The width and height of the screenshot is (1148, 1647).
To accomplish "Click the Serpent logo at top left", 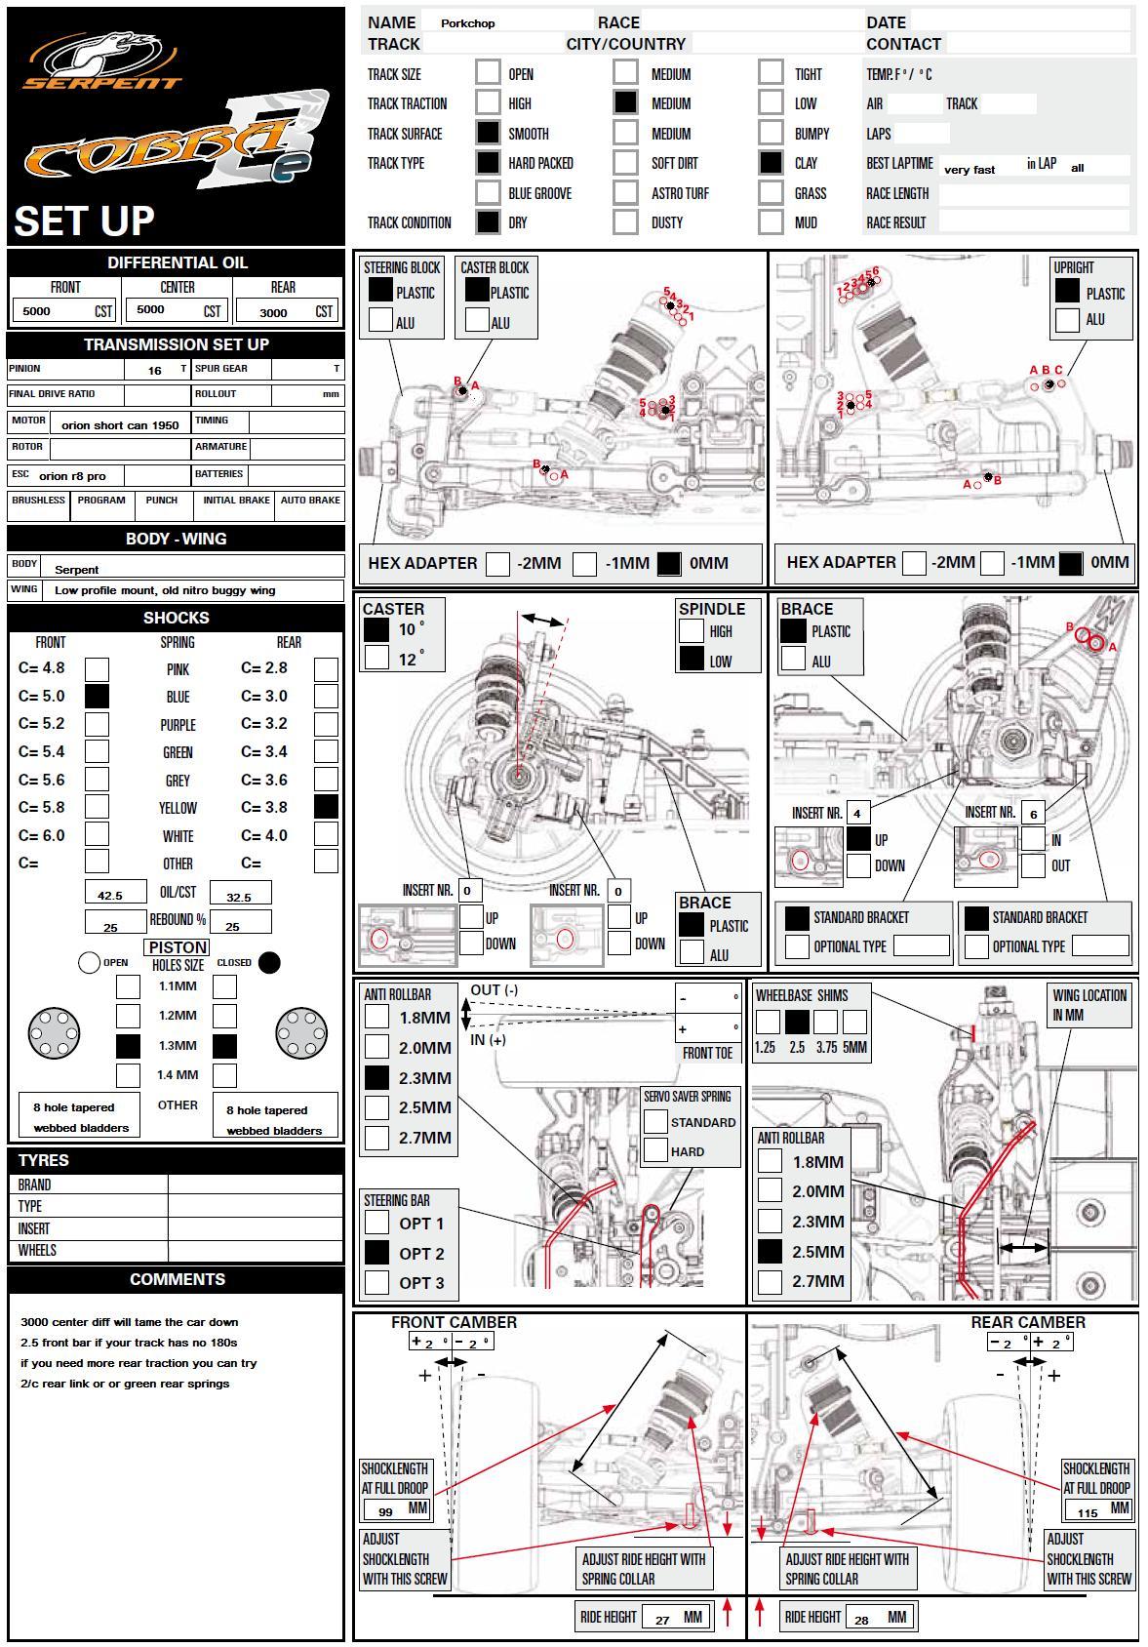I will point(103,60).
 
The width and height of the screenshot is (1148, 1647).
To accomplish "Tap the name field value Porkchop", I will point(467,23).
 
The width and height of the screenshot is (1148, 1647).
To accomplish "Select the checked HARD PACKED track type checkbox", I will point(488,163).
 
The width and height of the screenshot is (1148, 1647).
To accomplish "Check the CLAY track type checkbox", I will point(771,163).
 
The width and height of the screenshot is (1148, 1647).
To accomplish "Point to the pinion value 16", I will point(155,371).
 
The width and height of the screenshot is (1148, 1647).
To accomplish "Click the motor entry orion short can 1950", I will point(120,425).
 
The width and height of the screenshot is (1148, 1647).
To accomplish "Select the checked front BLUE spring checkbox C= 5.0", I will point(97,696).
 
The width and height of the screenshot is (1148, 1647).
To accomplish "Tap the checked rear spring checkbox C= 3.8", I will point(326,807).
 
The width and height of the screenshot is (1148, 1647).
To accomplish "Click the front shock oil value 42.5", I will point(110,896).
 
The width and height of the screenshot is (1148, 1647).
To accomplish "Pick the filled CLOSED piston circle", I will point(269,963).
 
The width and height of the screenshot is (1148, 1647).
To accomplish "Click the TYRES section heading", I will point(44,1160).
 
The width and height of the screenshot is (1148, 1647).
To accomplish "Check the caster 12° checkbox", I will point(376,658).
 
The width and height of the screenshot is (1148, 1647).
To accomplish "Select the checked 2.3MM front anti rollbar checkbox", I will point(376,1078).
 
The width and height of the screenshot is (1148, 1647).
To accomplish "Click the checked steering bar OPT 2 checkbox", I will point(376,1253).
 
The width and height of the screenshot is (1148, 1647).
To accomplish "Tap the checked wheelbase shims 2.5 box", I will point(797,1022).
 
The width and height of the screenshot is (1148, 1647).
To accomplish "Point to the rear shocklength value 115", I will point(1088,1513).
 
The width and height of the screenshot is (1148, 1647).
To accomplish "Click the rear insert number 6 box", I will point(1033,814).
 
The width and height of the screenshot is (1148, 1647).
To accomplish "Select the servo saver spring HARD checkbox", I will point(655,1151).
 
